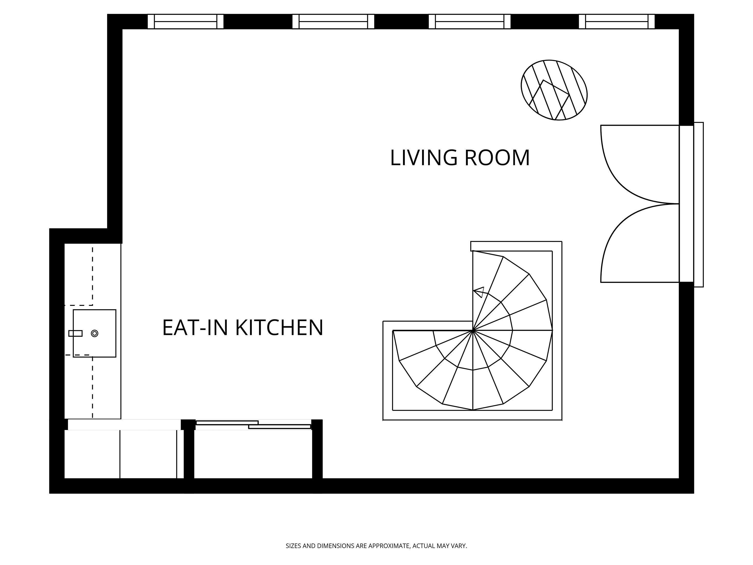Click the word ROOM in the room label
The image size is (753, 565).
pyautogui.click(x=497, y=158)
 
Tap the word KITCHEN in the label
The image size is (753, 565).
pyautogui.click(x=279, y=328)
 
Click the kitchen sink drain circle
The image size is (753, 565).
pyautogui.click(x=95, y=333)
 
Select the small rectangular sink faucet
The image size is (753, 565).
pyautogui.click(x=75, y=333)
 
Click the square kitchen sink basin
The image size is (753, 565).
pyautogui.click(x=95, y=333)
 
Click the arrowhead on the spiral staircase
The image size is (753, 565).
pyautogui.click(x=479, y=292)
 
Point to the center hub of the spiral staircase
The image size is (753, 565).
pyautogui.click(x=473, y=330)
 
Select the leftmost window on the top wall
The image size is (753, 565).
pyautogui.click(x=186, y=22)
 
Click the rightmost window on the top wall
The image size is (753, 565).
pyautogui.click(x=616, y=22)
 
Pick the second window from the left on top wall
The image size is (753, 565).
pyautogui.click(x=333, y=22)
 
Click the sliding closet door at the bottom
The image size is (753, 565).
pyautogui.click(x=253, y=425)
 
